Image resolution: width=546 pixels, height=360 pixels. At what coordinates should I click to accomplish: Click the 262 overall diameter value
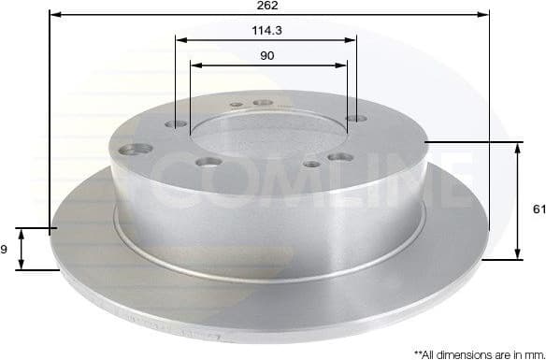point(269,6)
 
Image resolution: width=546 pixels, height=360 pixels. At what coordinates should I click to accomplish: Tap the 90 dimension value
point(267,56)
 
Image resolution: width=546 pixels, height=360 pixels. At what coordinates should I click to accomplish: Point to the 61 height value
point(539,209)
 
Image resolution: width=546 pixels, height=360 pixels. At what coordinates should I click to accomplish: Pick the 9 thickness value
point(4,249)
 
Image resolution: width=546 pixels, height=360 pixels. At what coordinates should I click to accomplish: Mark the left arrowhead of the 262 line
point(53,16)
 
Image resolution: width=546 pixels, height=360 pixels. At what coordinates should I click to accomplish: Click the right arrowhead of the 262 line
point(484,16)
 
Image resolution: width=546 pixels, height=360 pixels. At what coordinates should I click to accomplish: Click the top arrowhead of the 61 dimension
point(517,147)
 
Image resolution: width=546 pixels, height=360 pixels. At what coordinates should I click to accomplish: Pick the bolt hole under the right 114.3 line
point(352,119)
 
